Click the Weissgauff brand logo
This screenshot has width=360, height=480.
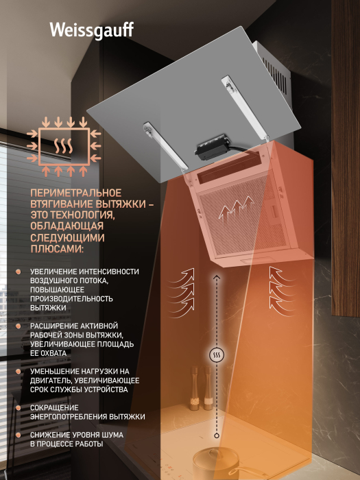click(x=92, y=31)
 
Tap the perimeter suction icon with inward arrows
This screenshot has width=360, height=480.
click(x=64, y=147)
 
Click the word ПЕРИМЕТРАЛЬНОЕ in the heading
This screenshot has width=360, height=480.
click(x=76, y=193)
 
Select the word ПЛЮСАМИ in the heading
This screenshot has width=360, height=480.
click(x=57, y=248)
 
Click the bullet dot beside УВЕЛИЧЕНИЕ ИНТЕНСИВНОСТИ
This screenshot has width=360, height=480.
click(x=19, y=272)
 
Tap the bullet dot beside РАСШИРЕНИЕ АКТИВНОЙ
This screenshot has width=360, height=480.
click(x=19, y=326)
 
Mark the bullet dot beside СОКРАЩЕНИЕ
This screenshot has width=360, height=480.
click(x=19, y=408)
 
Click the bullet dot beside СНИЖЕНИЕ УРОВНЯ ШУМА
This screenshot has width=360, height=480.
click(x=19, y=435)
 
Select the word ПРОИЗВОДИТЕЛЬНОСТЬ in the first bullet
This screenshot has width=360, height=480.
click(x=71, y=298)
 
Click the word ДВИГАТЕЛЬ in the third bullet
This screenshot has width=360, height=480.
click(x=51, y=381)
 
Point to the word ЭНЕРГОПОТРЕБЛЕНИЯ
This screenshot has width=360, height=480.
click(x=69, y=417)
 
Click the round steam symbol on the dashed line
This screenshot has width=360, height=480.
click(x=217, y=355)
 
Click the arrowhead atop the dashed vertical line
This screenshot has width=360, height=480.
click(x=217, y=277)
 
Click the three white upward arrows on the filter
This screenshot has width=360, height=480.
click(x=237, y=208)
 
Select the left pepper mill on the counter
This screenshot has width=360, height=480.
click(x=194, y=388)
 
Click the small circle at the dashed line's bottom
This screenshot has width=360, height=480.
click(x=217, y=435)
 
